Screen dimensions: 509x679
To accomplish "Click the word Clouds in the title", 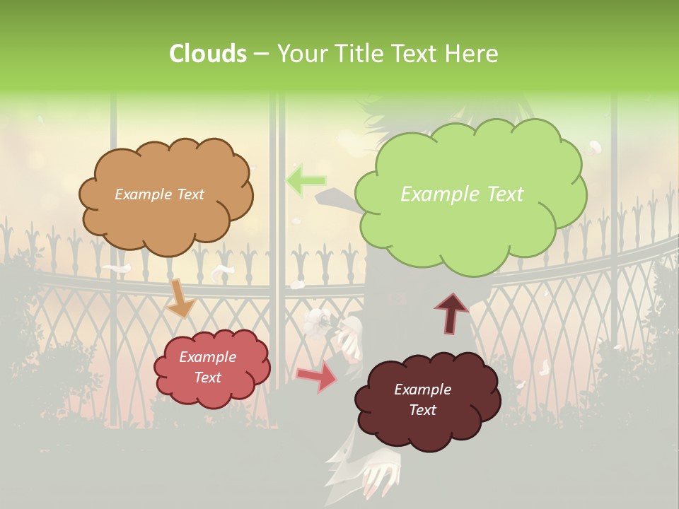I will pos(208,54).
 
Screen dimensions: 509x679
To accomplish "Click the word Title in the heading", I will pos(356,54).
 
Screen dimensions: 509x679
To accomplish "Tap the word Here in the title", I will pos(472,54).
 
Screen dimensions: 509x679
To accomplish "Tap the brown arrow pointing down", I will pos(180,298).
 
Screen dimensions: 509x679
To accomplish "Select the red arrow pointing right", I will pos(316,376).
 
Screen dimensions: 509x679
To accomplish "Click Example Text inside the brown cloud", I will pos(159,194).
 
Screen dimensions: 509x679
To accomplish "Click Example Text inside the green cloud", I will pos(462,194).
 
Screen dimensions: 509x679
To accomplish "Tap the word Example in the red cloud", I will pos(207,357).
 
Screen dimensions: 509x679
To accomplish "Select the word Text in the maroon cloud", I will pos(422,410).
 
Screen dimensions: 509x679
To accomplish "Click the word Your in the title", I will pos(298,54).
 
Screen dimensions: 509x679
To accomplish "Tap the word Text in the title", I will pos(417,54).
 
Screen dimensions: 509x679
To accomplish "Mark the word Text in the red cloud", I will pos(207,378).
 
